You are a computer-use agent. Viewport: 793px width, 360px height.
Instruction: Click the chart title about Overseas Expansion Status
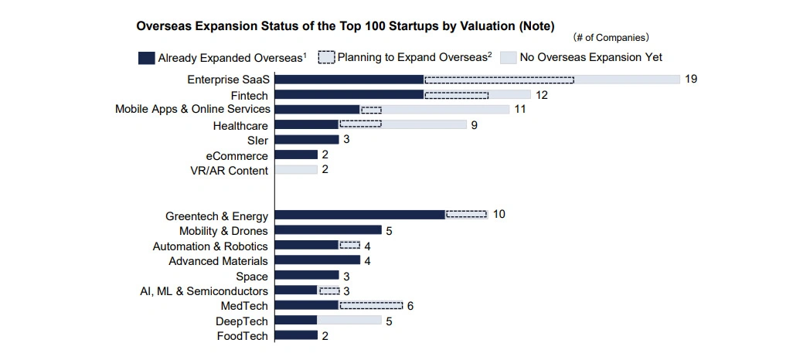(x=345, y=26)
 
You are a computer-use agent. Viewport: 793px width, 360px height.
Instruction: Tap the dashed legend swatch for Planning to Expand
(x=325, y=57)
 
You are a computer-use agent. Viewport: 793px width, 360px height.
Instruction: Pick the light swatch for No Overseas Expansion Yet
(x=508, y=57)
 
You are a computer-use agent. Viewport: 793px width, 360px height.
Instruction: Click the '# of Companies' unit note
(x=610, y=37)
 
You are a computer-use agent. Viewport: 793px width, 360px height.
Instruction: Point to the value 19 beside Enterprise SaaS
(x=691, y=79)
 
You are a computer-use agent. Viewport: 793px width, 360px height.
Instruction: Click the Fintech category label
(x=249, y=95)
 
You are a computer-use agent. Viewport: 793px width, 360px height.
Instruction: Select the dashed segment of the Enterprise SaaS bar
(x=499, y=79)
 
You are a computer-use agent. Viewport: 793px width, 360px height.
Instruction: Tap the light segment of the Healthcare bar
(x=424, y=124)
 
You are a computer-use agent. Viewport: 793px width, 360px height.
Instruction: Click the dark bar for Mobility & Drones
(x=328, y=230)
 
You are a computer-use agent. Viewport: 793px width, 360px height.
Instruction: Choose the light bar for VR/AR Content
(x=296, y=169)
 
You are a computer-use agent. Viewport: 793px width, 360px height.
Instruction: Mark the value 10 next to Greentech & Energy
(x=499, y=214)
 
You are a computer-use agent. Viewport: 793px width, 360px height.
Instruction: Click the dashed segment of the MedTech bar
(x=370, y=305)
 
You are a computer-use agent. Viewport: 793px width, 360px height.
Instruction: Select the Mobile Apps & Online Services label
(x=192, y=109)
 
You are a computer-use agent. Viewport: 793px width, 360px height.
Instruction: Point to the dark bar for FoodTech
(x=296, y=335)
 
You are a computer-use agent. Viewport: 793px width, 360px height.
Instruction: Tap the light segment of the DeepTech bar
(x=349, y=320)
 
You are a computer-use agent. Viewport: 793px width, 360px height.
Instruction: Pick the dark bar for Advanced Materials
(x=317, y=260)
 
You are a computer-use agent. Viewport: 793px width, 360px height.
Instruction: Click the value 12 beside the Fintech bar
(x=542, y=95)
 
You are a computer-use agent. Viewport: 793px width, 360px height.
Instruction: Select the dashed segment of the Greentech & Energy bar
(x=466, y=214)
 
